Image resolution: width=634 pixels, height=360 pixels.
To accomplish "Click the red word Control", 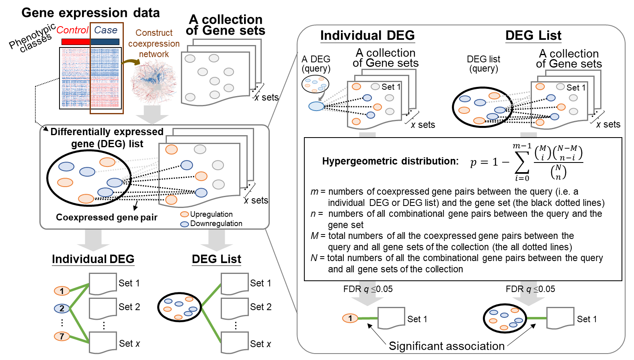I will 72,30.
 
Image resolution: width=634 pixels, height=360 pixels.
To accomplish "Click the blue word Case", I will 106,30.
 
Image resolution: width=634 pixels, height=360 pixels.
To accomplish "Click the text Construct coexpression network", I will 154,43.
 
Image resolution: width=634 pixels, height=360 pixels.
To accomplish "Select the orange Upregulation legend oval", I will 185,214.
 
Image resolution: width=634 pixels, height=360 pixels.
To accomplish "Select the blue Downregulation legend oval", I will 185,224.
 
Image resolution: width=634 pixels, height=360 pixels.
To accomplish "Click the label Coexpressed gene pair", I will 107,218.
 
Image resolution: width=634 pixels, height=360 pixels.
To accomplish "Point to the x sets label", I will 256,200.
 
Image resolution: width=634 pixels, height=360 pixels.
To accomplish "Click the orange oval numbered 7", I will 62,336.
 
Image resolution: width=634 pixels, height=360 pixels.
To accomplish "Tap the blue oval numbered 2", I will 62,309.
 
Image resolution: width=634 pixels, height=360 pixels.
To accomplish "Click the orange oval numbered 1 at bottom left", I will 62,291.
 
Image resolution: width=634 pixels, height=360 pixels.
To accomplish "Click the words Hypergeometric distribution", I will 390,161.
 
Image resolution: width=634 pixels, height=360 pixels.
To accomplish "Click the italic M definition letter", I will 314,236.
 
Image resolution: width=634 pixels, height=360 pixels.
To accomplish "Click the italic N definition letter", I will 314,258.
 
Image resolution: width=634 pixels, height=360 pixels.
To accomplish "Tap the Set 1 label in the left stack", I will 391,87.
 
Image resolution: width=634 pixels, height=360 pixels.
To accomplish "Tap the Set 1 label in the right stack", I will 576,88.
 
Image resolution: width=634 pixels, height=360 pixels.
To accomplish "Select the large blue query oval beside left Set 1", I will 316,106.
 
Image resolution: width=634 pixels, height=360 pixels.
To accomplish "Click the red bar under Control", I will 76,42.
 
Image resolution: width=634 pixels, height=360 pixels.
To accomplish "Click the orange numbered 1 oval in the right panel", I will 350,319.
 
